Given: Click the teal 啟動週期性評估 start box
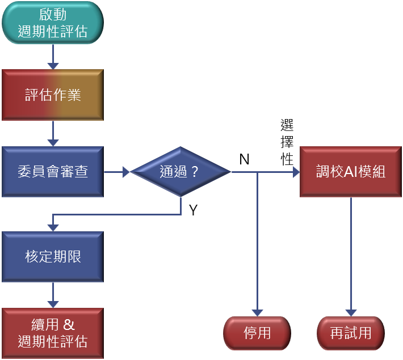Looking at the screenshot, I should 53,23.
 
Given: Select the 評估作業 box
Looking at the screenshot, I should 53,95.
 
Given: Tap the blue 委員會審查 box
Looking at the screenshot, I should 53,172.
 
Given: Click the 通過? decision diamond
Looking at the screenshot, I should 180,172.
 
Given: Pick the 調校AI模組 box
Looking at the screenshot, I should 351,172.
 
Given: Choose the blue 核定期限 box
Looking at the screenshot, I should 53,256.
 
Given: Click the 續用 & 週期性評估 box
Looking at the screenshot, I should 53,333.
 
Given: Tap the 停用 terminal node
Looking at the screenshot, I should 257,333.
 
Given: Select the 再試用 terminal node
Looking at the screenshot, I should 351,333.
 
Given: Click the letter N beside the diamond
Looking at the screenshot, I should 245,159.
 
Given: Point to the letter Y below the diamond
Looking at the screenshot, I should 193,210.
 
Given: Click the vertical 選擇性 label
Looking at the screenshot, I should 287,142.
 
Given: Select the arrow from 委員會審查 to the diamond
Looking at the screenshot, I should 117,172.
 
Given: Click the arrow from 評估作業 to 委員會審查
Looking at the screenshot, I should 53,133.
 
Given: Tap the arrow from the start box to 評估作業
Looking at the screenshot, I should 53,57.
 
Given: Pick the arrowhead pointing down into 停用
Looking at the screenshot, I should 257,312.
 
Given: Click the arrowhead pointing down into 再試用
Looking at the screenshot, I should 351,312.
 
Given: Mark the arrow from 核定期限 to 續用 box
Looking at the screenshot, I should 53,295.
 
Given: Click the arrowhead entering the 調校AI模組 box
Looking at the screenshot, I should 295,172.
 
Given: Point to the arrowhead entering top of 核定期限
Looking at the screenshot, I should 53,227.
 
